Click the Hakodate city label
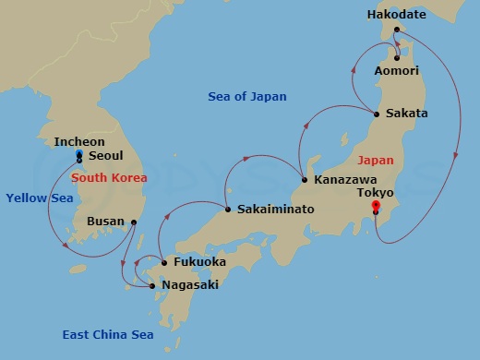point(396,15)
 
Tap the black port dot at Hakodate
point(397,30)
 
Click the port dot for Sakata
point(377,114)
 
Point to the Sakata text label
point(407,114)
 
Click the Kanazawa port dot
point(305,180)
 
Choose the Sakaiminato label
point(275,210)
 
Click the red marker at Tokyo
point(375,205)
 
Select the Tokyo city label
point(375,192)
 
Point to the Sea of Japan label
point(246,96)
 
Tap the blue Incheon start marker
point(78,153)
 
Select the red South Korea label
point(109,177)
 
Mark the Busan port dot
point(134,222)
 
